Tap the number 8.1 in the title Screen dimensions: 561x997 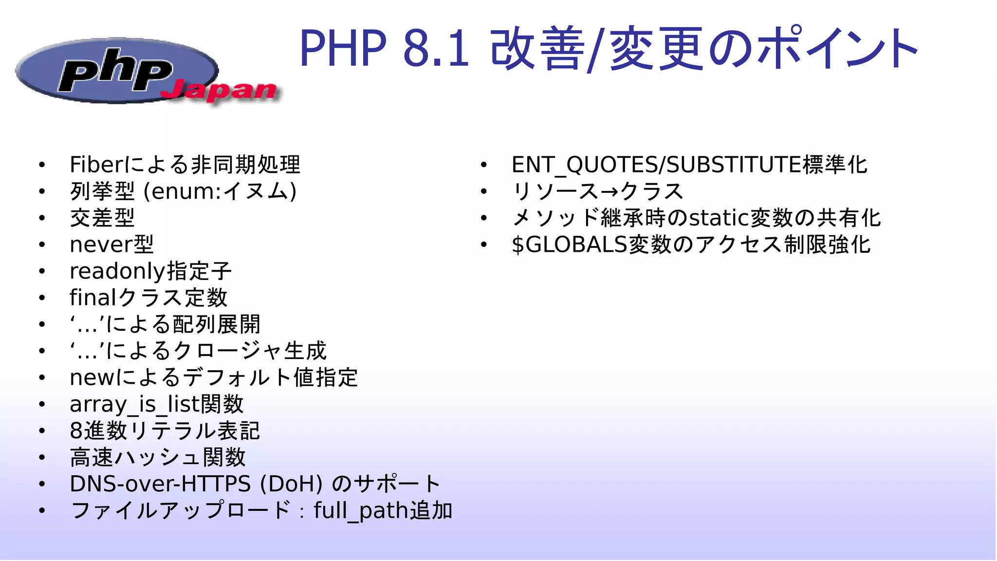pyautogui.click(x=436, y=48)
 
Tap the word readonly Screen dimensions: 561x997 pyautogui.click(x=117, y=271)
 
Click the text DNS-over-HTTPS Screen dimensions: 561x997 pyautogui.click(x=160, y=484)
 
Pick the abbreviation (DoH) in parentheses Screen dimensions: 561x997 pyautogui.click(x=291, y=484)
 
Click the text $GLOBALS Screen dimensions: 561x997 pyautogui.click(x=569, y=244)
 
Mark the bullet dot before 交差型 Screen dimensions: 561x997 pyautogui.click(x=42, y=218)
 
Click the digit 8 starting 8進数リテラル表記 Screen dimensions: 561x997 pyautogui.click(x=76, y=431)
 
